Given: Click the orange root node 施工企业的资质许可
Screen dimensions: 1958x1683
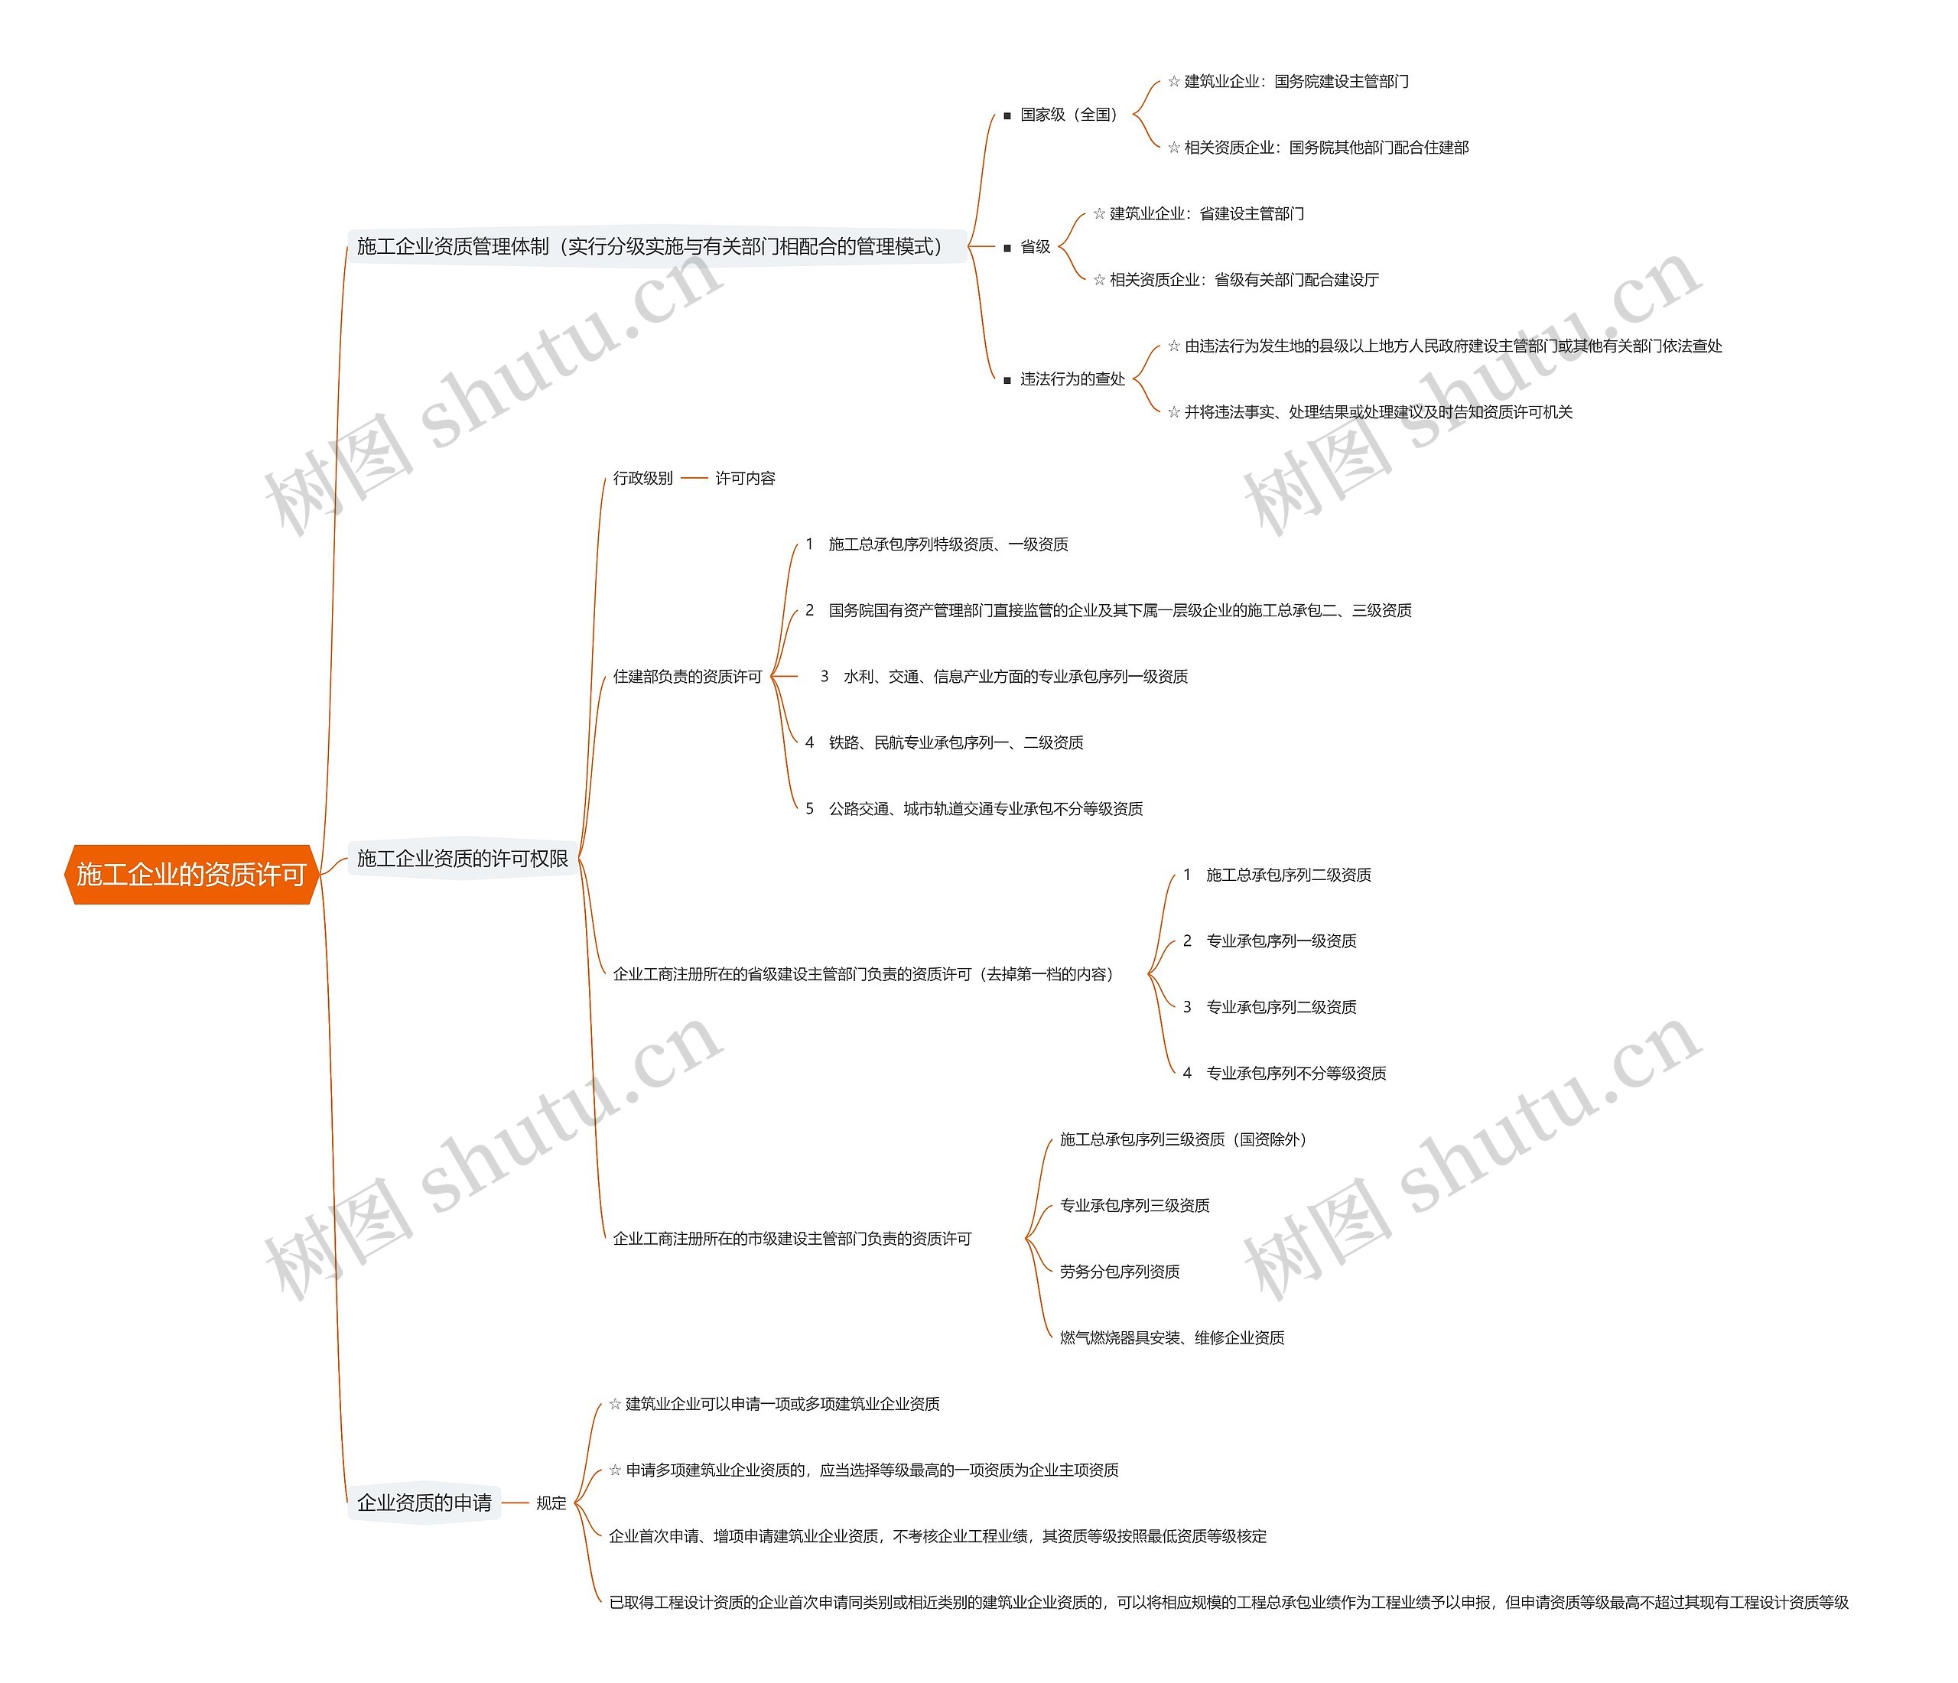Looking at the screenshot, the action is (191, 874).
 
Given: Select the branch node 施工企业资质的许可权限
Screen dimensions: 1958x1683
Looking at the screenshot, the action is (462, 858).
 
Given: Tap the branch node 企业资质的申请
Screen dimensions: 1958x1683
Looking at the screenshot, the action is (424, 1503).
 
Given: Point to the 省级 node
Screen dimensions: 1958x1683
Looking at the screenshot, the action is (1035, 247).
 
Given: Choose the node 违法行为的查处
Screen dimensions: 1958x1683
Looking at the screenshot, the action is (1072, 379).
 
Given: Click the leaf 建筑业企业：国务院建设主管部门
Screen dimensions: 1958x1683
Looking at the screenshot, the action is (1296, 81).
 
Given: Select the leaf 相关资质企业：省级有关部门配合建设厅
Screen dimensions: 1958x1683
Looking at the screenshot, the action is (1244, 280).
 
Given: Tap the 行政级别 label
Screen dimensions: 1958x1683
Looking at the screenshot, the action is (642, 478).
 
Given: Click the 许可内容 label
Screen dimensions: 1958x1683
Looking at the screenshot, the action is (745, 478).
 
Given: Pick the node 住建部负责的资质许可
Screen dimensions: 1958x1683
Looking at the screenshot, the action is (687, 677).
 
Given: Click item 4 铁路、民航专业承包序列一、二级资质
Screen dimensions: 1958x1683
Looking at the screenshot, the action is (955, 742).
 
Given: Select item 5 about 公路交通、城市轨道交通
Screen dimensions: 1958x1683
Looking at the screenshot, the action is (984, 809).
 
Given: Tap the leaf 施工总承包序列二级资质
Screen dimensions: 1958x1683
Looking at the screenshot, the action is (1288, 875).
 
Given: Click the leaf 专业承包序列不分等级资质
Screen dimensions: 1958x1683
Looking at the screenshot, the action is (1296, 1074).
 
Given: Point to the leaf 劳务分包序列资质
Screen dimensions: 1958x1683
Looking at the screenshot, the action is (1120, 1272).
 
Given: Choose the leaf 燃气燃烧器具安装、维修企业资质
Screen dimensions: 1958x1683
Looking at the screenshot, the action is (1172, 1338).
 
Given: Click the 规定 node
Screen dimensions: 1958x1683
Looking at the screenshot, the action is (551, 1503).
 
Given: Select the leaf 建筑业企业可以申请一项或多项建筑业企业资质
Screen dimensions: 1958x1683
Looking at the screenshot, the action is (782, 1404).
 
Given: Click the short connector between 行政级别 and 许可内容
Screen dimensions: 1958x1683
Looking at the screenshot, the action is (694, 478).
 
